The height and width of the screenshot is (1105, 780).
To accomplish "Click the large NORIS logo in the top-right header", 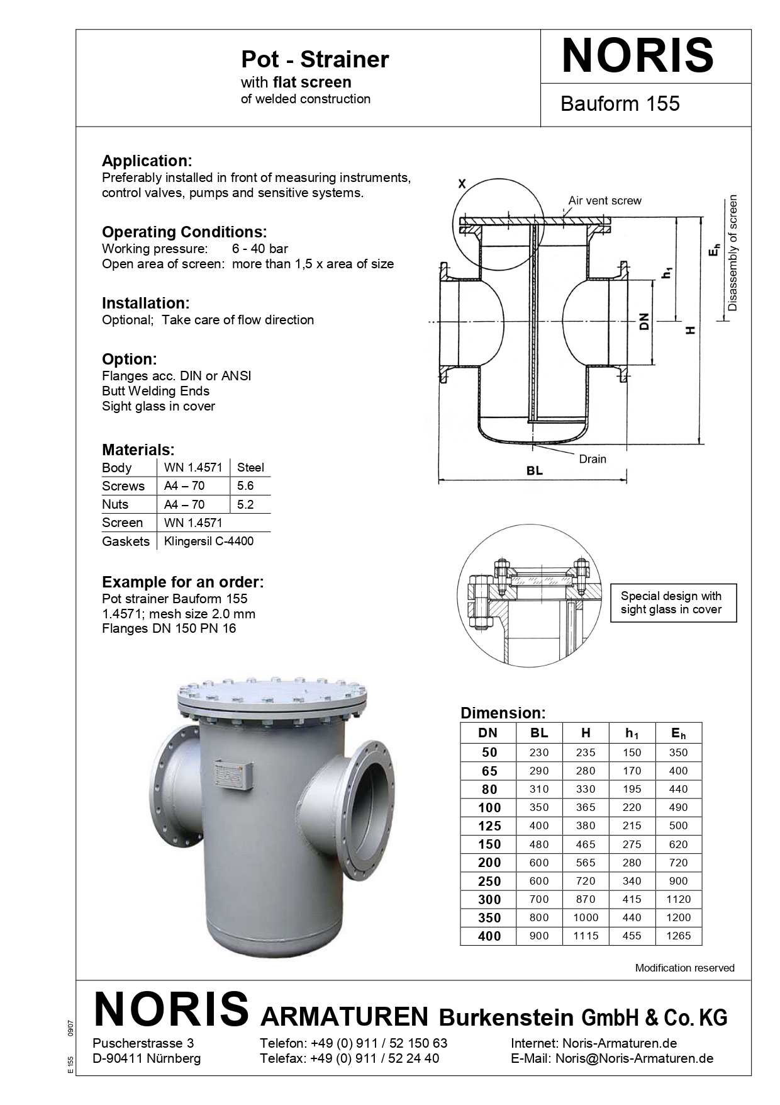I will tap(637, 56).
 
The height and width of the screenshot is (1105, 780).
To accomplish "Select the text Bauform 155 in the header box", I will tap(620, 103).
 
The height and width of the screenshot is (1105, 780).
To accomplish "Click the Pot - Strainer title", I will tap(315, 60).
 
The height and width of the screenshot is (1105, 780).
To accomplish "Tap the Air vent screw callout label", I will tap(604, 201).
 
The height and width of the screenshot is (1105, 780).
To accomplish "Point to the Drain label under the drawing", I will tap(593, 459).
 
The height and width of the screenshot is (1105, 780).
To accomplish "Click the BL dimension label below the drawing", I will tap(534, 470).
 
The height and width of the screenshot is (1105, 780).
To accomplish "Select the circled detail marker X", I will tap(462, 184).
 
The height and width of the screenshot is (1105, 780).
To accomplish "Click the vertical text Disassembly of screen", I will tap(732, 253).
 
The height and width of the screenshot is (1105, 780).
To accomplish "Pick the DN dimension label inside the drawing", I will tap(643, 322).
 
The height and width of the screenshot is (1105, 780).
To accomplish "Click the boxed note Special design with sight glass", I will tap(673, 603).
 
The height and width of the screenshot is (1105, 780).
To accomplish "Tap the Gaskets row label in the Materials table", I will tap(126, 541).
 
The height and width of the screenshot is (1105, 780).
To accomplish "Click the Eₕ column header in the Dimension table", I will tap(678, 733).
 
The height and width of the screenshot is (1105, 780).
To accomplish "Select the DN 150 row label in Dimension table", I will tap(489, 844).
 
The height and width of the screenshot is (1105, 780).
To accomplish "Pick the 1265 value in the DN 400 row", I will tap(678, 936).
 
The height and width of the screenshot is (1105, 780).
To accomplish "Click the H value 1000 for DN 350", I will tap(586, 917).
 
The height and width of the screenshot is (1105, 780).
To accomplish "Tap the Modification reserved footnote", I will tap(684, 968).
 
